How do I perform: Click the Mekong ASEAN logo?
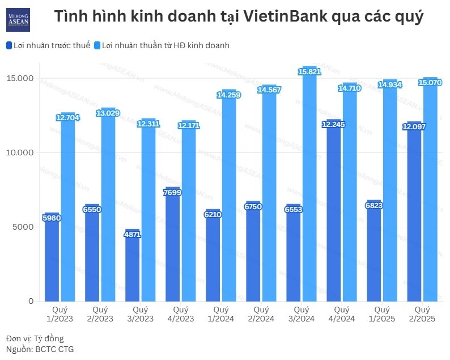coord(18,19)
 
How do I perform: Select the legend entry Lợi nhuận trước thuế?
coord(48,45)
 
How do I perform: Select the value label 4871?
coord(133,234)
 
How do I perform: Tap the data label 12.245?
coord(333,124)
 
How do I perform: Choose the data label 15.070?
coord(430,82)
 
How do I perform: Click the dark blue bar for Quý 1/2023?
coord(52,258)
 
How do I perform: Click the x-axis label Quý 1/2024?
coord(220,314)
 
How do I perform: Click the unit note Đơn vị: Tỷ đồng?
coord(35,338)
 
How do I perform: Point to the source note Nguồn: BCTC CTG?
coord(39,349)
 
